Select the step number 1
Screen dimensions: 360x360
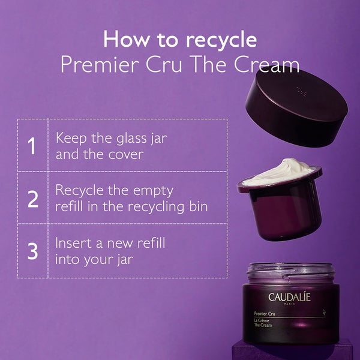pos(32,146)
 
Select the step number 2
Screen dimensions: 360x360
pos(32,198)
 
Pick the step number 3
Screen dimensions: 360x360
pos(32,251)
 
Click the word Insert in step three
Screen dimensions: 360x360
pos(74,244)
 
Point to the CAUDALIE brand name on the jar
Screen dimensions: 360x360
pos(291,297)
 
